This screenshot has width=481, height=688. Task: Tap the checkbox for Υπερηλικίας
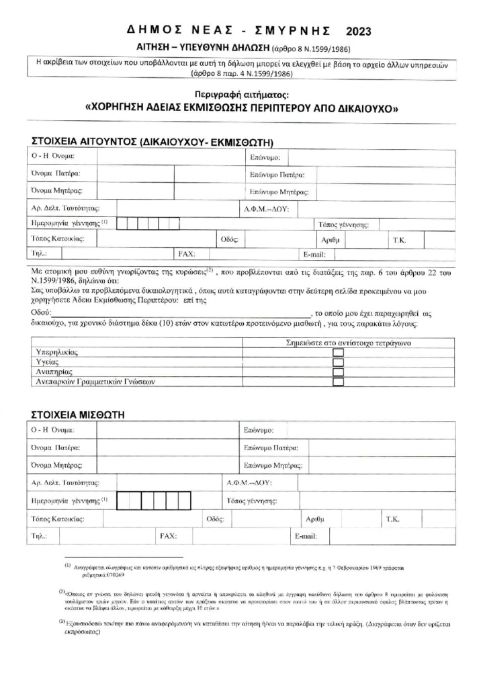click(339, 353)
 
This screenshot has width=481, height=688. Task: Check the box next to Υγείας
click(339, 362)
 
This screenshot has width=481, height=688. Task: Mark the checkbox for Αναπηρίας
click(339, 372)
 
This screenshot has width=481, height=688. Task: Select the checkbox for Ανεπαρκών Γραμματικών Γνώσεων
click(339, 382)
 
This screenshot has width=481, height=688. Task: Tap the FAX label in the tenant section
click(167, 536)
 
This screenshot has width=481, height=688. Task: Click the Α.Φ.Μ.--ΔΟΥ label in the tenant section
click(249, 483)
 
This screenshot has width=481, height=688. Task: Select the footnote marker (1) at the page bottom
click(68, 566)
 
